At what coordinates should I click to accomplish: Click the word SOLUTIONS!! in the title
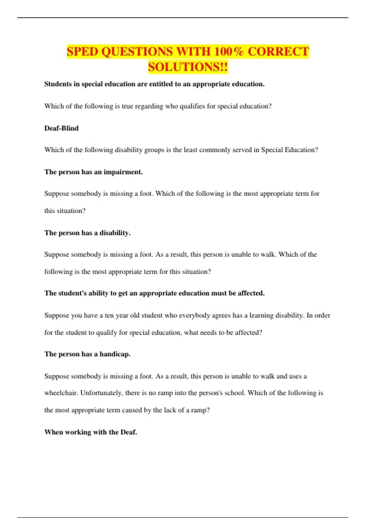(x=188, y=67)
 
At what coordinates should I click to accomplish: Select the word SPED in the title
(x=82, y=51)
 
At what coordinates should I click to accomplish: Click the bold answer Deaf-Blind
(x=61, y=128)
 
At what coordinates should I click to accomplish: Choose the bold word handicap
(x=115, y=354)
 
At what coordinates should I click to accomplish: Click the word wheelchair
(x=61, y=393)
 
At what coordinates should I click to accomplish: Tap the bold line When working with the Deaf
(x=91, y=432)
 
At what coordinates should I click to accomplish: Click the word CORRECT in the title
(x=278, y=51)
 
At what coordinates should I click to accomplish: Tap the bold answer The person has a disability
(x=87, y=233)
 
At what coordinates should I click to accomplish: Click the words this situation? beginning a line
(x=65, y=211)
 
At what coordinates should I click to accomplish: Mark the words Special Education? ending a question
(x=289, y=150)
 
